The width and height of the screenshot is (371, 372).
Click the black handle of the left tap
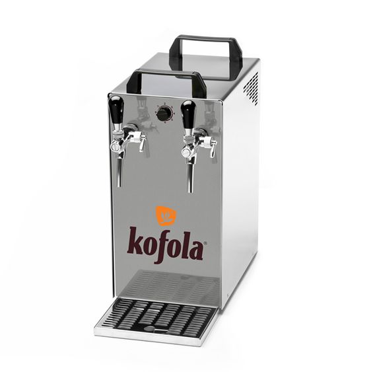pos(116,108)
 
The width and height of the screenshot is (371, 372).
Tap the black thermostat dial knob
pos(163,114)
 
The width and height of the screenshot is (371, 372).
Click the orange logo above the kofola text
pos(166,216)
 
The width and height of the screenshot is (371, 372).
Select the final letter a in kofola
pos(195,250)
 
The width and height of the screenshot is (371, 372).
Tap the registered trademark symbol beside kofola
pos(205,242)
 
